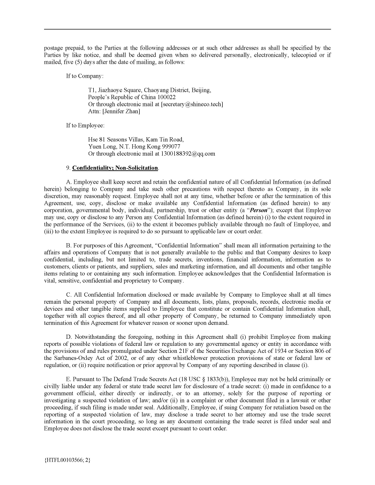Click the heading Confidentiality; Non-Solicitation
115,168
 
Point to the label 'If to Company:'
85,76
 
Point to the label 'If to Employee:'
85,125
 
